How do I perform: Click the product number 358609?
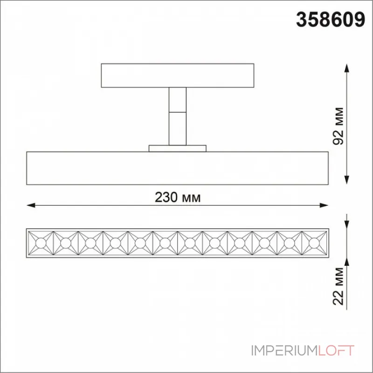(x=331, y=20)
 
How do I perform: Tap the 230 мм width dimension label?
(x=178, y=197)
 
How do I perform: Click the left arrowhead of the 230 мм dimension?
(x=31, y=205)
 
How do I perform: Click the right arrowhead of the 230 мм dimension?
(x=324, y=205)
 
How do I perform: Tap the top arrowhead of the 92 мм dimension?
(x=347, y=68)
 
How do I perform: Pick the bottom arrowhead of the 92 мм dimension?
(x=347, y=180)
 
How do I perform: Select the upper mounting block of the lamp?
(x=178, y=76)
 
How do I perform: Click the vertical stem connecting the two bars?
(x=178, y=116)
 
